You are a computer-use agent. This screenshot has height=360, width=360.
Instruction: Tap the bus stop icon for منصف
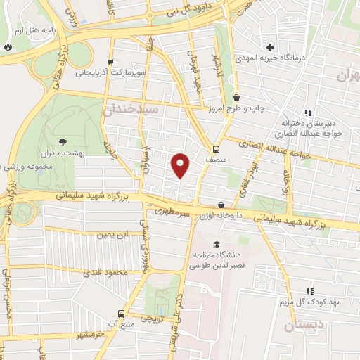coord(216,149)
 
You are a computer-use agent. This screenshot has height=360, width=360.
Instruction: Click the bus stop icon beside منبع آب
coord(122,314)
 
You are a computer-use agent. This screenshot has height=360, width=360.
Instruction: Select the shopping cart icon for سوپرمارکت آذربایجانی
coord(110,63)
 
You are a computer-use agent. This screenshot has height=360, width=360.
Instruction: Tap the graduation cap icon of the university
coord(215,244)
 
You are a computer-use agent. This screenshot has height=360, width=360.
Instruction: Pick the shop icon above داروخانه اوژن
coord(221,205)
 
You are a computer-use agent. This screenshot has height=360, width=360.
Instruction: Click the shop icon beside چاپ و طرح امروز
coord(236,98)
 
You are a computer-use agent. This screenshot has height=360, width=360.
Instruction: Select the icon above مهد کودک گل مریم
coord(310,290)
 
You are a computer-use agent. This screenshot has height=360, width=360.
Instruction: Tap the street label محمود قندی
coord(105,271)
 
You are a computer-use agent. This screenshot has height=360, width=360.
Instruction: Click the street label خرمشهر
coord(91,335)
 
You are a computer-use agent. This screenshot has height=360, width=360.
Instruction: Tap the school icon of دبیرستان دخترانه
coord(307,112)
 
